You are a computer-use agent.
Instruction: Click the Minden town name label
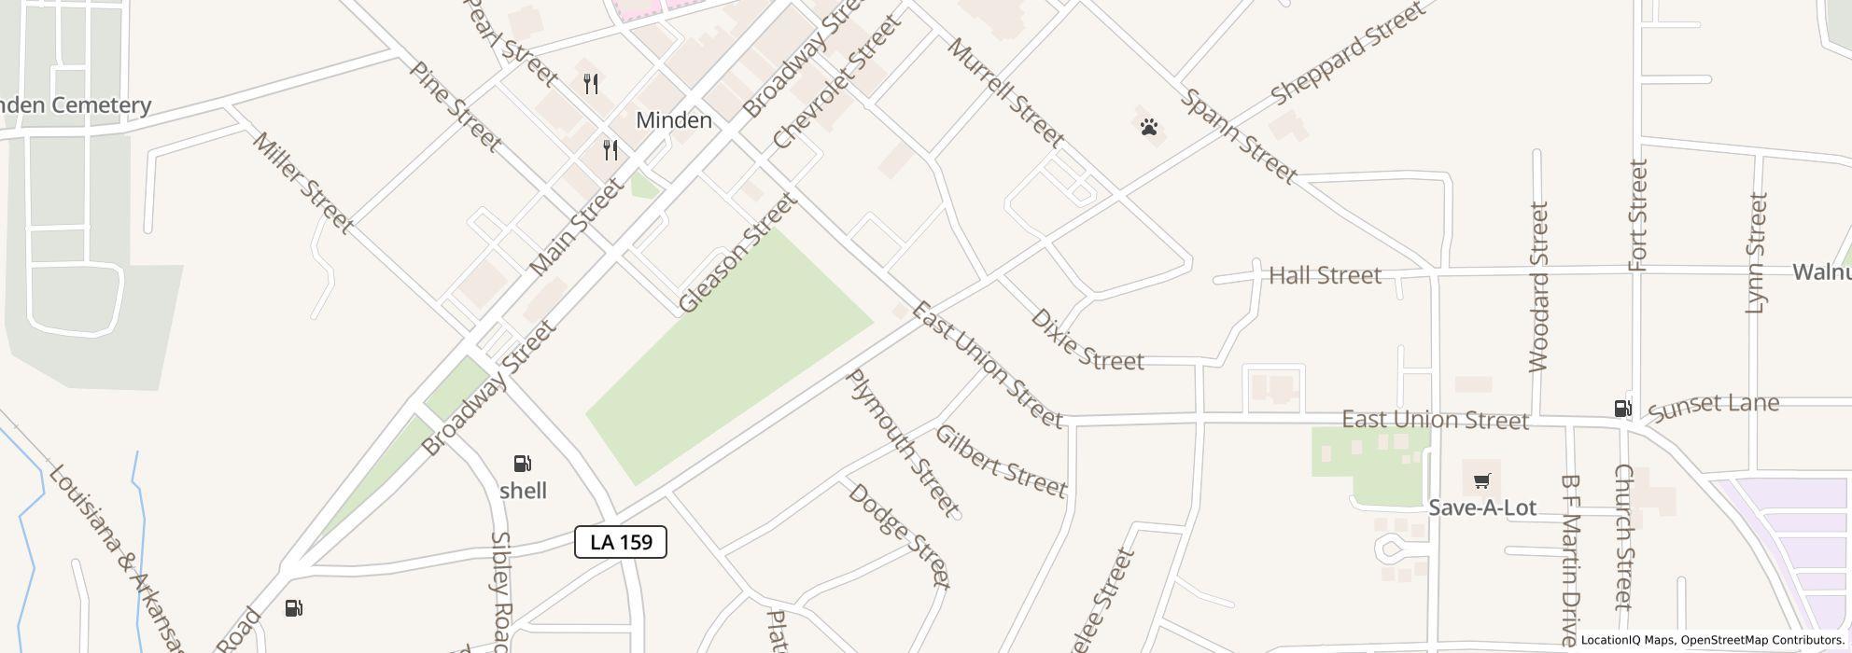673,120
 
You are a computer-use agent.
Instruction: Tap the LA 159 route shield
621,542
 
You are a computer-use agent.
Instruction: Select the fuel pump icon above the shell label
523,464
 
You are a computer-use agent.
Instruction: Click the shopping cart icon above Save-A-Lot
1481,481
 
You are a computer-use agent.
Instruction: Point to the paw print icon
1149,127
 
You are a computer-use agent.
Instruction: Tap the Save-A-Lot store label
1481,507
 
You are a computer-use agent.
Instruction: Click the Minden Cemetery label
75,105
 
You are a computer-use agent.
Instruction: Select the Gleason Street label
737,253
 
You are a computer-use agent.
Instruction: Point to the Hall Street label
1325,275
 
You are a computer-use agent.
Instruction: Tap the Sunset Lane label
1713,407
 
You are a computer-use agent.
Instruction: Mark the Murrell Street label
1005,92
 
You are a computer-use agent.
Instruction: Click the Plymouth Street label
902,443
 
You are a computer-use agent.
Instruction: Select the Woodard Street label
1539,287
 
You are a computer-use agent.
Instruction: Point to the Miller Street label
303,183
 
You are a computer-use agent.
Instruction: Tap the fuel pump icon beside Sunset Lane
1623,409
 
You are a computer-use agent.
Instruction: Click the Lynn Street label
1757,252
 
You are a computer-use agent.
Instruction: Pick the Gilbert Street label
1000,461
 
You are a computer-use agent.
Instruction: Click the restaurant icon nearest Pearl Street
591,84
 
